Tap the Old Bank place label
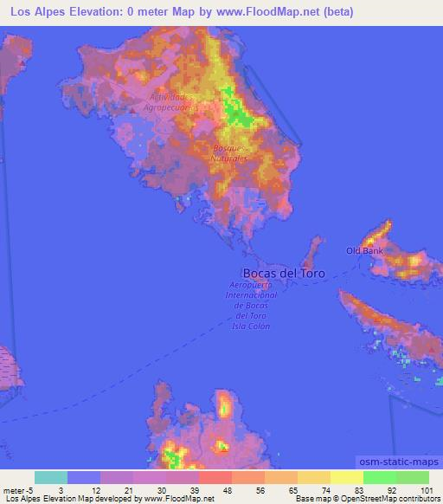(x=364, y=251)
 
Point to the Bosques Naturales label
(x=230, y=153)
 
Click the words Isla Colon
(x=251, y=326)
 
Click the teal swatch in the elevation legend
(x=51, y=477)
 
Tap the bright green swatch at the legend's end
(x=413, y=477)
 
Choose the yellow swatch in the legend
(x=346, y=477)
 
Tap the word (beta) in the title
(x=335, y=12)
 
